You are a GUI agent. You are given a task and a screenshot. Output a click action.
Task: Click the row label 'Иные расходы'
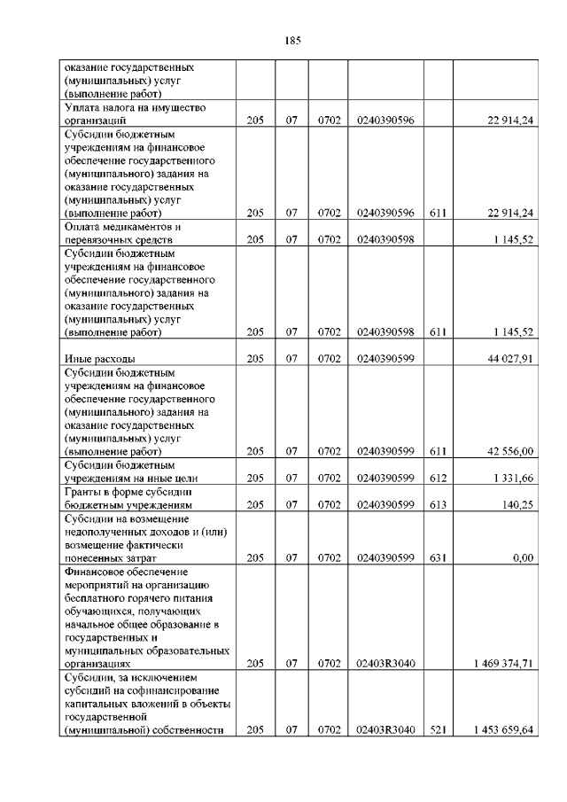click(100, 359)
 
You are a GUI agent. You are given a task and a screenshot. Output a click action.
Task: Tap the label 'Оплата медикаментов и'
click(123, 226)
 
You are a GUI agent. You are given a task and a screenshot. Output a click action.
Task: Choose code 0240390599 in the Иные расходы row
click(385, 359)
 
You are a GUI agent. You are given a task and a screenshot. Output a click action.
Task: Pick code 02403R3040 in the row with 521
click(385, 729)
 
